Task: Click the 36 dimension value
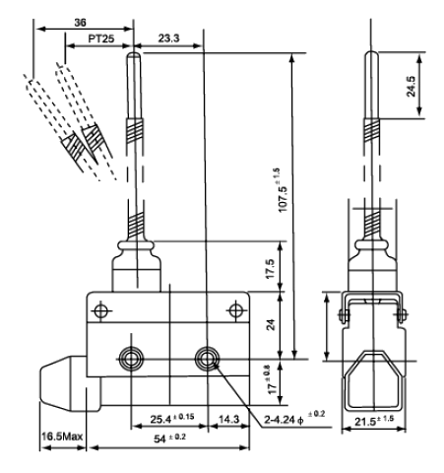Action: pos(80,23)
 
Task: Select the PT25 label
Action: pos(101,39)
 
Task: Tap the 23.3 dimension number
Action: pos(169,38)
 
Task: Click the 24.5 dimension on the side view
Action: pos(411,87)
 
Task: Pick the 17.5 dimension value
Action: pos(270,269)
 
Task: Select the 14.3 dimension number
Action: pos(228,419)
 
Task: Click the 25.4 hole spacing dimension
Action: pos(172,419)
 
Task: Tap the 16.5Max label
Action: pos(62,437)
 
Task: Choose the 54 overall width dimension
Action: pos(169,439)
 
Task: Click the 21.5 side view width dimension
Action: pos(374,421)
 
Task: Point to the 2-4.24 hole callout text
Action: pos(294,418)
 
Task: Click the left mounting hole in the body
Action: pos(131,358)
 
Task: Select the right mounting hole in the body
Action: pos(207,358)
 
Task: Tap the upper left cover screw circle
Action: pos(100,310)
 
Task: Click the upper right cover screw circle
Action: pos(236,310)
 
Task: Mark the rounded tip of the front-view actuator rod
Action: pos(134,54)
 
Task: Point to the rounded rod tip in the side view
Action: pos(371,53)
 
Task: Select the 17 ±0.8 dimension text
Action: pos(272,381)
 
